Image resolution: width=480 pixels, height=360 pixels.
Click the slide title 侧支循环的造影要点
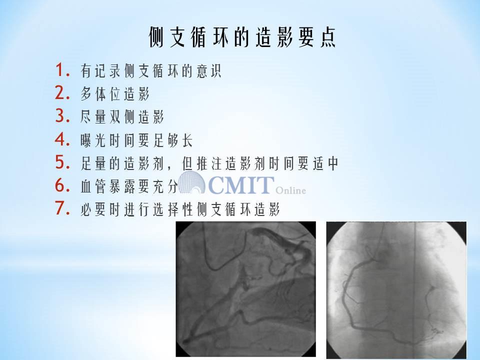(x=242, y=37)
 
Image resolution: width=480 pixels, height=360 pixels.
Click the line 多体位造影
(x=115, y=93)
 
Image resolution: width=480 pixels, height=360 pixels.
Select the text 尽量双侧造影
(x=122, y=116)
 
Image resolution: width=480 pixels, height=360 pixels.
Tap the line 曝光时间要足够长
(x=136, y=140)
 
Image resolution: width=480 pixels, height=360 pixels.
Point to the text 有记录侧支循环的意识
(x=150, y=70)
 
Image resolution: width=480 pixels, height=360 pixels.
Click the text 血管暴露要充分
(x=129, y=186)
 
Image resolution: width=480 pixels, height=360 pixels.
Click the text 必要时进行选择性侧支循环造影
(x=180, y=209)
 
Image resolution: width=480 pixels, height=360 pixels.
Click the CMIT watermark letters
(x=241, y=185)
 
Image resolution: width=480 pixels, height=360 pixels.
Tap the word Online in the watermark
(x=290, y=190)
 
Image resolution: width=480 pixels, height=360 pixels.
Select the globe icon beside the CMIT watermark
(x=191, y=182)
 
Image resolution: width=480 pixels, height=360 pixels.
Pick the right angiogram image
(x=396, y=290)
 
